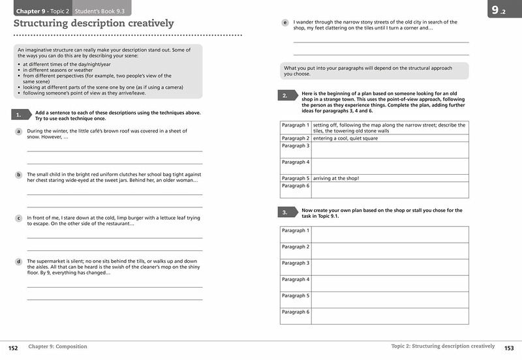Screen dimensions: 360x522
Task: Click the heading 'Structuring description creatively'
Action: (x=94, y=23)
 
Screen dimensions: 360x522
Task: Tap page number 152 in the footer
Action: (x=13, y=347)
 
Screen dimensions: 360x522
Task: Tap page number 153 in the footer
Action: (x=509, y=347)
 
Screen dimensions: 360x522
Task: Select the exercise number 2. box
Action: (x=285, y=96)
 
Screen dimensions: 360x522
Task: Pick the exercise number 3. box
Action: (x=285, y=213)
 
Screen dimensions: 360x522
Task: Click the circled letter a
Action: (x=19, y=132)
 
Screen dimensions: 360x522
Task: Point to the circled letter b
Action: (x=19, y=175)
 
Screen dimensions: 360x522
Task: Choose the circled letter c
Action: (x=19, y=218)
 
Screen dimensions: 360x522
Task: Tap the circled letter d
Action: (x=19, y=262)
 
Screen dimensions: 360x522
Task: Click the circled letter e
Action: (x=285, y=23)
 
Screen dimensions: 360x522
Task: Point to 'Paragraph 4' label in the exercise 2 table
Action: (x=295, y=162)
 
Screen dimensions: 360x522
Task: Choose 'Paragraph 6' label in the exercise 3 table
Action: (x=295, y=312)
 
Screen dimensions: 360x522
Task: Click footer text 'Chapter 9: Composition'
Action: (x=58, y=347)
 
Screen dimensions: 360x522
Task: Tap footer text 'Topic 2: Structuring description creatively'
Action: (x=442, y=346)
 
